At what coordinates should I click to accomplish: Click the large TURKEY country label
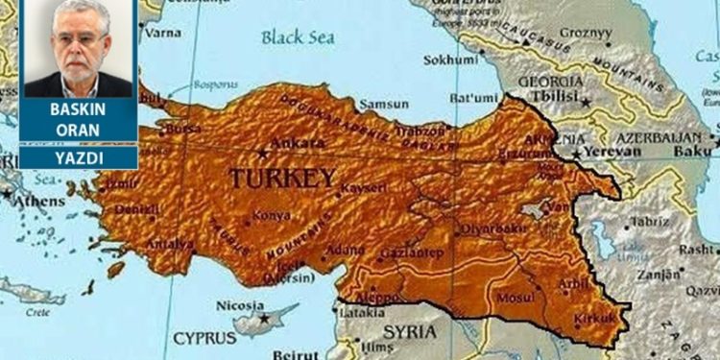(282, 179)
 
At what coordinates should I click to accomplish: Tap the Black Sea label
(300, 37)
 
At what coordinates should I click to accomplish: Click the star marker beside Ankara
(262, 152)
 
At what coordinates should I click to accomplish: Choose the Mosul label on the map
(516, 298)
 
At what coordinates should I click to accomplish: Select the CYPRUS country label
(205, 338)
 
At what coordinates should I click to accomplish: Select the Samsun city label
(384, 104)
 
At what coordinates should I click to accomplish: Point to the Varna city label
(162, 33)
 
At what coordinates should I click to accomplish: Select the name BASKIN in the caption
(78, 110)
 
